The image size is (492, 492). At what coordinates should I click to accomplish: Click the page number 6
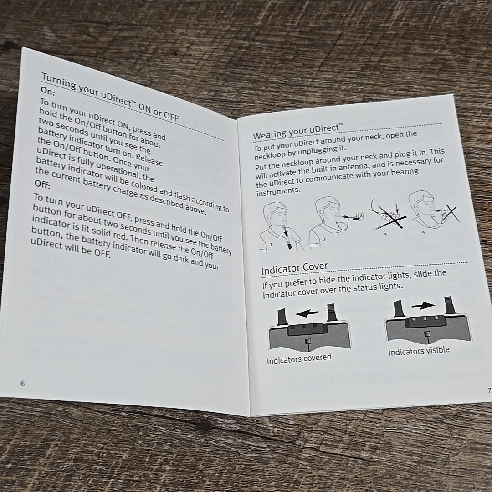click(23, 383)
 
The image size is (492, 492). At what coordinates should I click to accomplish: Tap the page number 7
click(489, 390)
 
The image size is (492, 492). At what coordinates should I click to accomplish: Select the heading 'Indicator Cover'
click(295, 268)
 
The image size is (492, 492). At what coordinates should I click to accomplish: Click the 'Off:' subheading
click(42, 184)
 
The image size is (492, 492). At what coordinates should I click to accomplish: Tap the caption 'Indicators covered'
click(299, 359)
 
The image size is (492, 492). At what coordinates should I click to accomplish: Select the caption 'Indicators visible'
click(419, 351)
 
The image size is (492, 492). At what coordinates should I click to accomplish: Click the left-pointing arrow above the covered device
click(307, 313)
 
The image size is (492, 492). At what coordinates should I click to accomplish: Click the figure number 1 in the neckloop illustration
click(271, 244)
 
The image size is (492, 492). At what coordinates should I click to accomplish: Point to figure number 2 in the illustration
click(324, 239)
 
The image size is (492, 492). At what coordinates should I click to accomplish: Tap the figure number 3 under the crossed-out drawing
click(385, 234)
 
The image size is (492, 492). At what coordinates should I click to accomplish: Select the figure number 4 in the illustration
click(423, 232)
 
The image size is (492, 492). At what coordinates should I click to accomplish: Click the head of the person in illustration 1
click(276, 215)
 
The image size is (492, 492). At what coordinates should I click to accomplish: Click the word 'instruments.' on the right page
click(278, 192)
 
